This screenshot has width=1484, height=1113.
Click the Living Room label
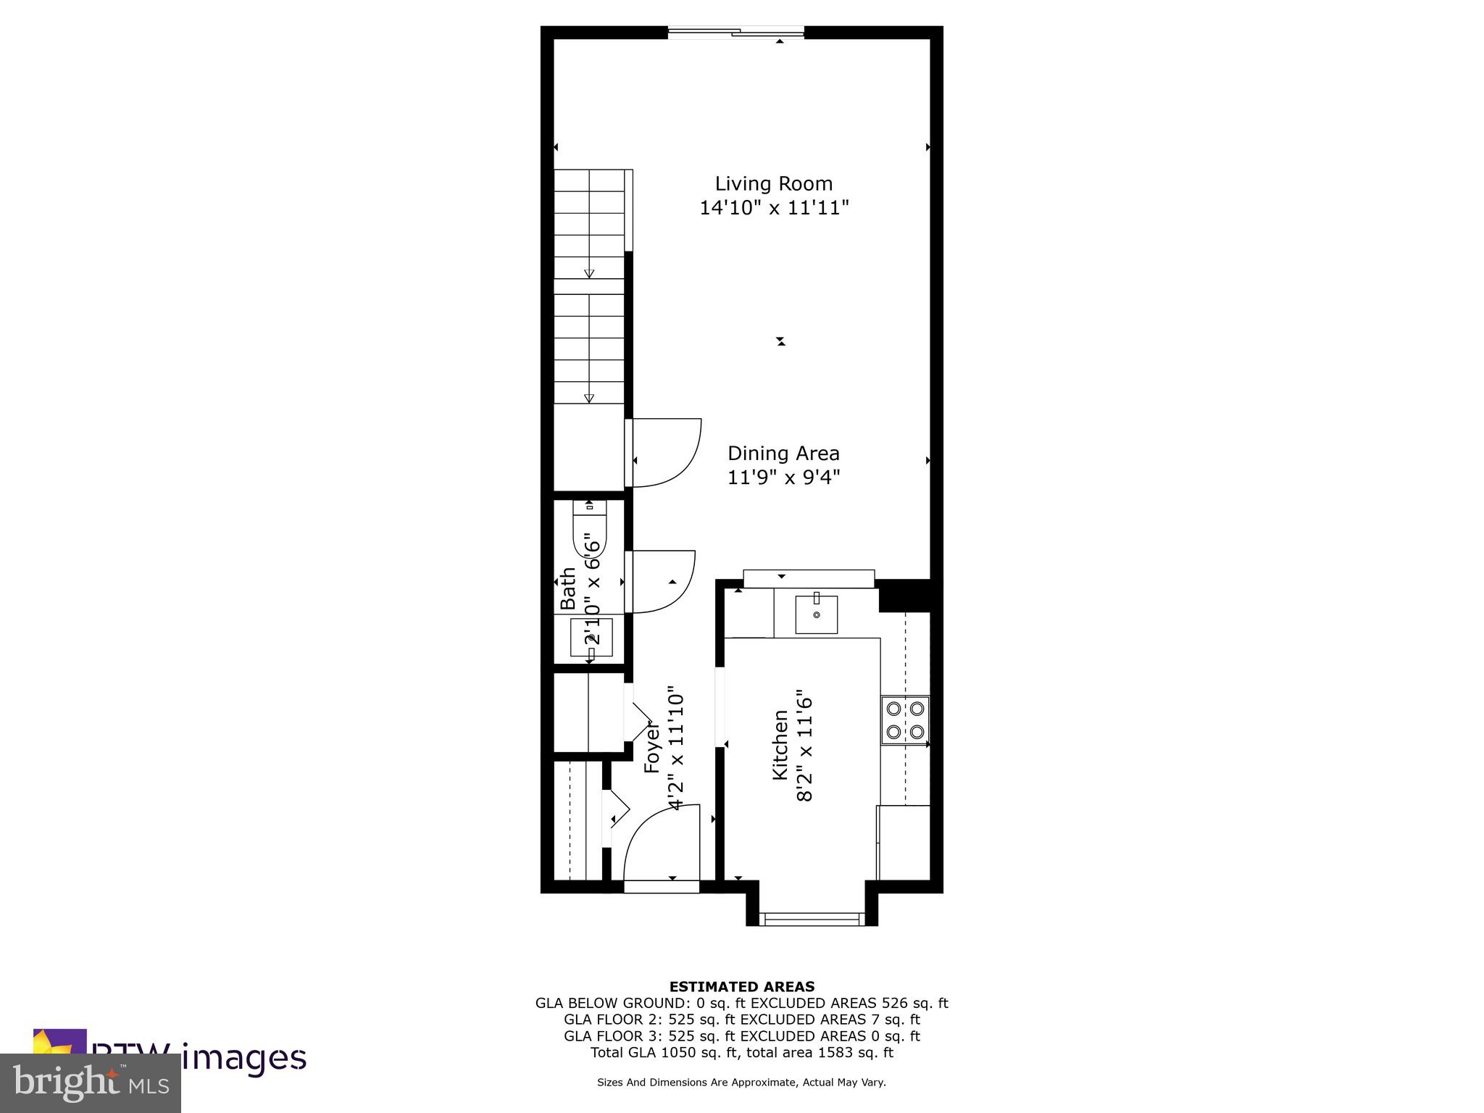click(773, 184)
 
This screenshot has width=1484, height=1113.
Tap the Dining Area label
click(783, 454)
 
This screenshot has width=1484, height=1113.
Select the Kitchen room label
click(780, 745)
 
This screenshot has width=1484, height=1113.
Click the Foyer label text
click(652, 746)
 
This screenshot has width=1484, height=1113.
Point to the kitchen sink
click(816, 614)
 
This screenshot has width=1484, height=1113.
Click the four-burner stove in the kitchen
click(905, 720)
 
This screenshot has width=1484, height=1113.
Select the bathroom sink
click(591, 638)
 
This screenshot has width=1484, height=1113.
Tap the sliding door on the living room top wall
click(736, 32)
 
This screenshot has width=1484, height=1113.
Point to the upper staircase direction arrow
click(589, 273)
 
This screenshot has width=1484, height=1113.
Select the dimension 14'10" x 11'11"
click(773, 209)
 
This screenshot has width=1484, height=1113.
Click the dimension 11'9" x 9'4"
click(783, 478)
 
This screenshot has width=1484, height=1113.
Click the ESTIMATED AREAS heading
click(741, 986)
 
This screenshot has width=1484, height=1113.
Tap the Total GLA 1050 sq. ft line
click(741, 1052)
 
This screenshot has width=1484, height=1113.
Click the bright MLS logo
click(91, 1083)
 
